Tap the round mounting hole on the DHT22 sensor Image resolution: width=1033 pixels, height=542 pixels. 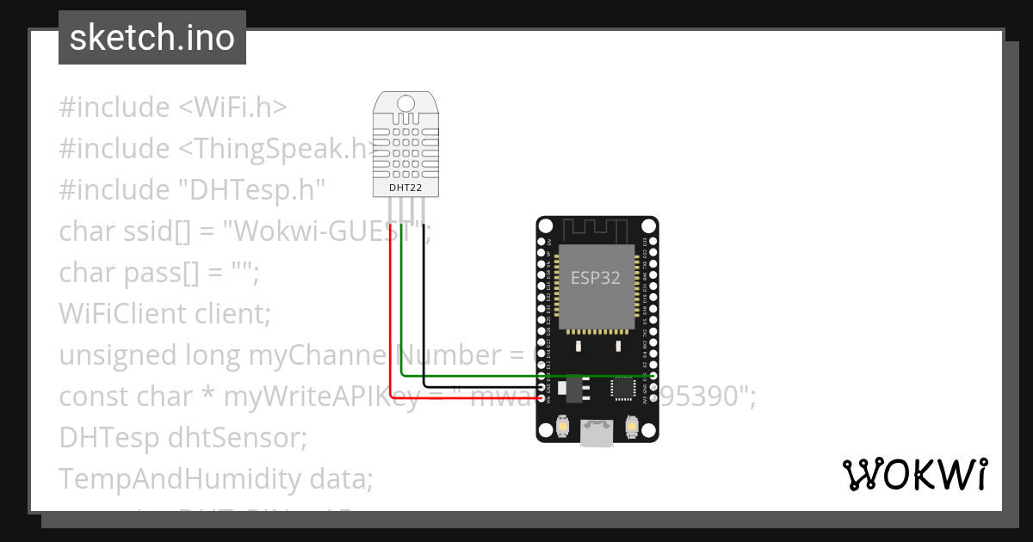pyautogui.click(x=405, y=104)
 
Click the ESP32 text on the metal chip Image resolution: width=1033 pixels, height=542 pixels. pyautogui.click(x=596, y=278)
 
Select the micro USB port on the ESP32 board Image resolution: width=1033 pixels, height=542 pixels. pyautogui.click(x=597, y=434)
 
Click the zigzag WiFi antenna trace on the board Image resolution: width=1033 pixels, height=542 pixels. pyautogui.click(x=597, y=230)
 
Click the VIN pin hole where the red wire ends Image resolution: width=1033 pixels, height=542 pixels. pyautogui.click(x=541, y=398)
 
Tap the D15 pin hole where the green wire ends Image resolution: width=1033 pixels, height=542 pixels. pyautogui.click(x=653, y=376)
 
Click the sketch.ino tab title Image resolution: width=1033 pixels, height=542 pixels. pyautogui.click(x=152, y=38)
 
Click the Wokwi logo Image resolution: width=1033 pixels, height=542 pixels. pyautogui.click(x=914, y=474)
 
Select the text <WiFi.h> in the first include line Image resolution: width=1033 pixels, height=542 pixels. pyautogui.click(x=232, y=108)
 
